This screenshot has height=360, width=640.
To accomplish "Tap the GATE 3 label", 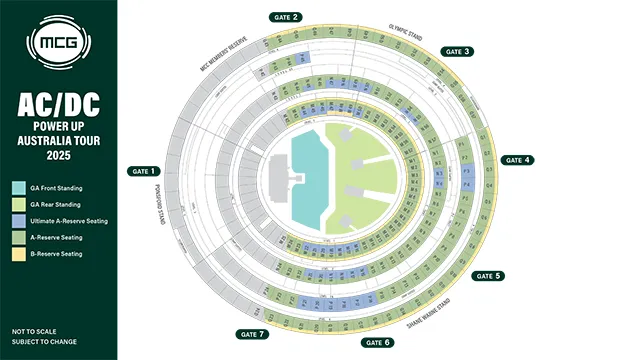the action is (x=458, y=51).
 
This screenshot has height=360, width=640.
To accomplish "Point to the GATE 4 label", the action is (x=518, y=160).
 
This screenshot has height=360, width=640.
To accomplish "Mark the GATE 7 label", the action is (x=250, y=333).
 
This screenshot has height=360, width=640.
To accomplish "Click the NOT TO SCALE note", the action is (x=33, y=330).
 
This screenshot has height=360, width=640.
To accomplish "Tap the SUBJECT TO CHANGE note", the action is (x=40, y=342).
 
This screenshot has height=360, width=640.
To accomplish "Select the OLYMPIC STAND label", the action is (x=405, y=36).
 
